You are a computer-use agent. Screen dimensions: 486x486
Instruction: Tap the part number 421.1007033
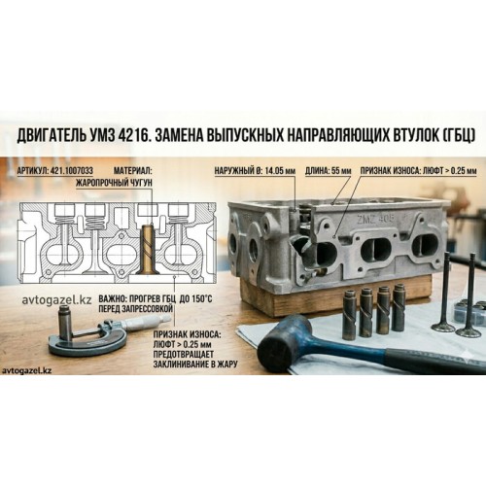72,171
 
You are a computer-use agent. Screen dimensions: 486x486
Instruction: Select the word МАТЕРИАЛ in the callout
131,171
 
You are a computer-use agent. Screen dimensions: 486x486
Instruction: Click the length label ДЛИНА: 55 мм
328,171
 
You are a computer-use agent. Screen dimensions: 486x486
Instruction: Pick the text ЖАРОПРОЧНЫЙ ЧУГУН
114,184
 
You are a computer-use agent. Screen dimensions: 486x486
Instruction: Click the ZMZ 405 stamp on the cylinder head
375,219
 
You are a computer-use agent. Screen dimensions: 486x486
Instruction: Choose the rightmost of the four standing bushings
398,307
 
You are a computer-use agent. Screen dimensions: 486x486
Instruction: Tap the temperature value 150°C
201,298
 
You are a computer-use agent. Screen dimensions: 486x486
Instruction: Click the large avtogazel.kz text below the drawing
56,299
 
